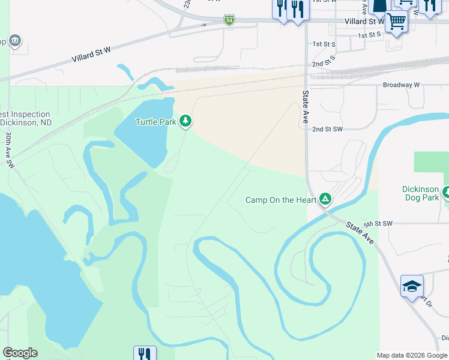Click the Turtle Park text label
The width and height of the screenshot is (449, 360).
[155, 122]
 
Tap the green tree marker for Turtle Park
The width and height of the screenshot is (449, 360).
[186, 121]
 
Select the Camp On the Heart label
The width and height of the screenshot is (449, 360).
[281, 200]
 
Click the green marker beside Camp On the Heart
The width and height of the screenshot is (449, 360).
[325, 198]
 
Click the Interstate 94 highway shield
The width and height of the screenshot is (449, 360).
[229, 20]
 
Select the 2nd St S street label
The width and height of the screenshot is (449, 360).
[323, 63]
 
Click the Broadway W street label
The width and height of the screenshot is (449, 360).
[401, 85]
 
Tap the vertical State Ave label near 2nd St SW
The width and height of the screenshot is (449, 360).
[306, 107]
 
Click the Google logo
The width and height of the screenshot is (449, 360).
[20, 353]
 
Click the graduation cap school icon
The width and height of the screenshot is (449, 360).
[412, 286]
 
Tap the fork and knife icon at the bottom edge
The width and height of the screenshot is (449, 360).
[144, 353]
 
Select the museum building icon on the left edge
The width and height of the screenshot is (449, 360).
[14, 41]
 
